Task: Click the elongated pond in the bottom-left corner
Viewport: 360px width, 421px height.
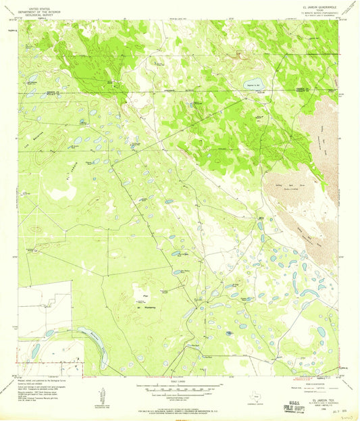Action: click(x=35, y=351)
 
